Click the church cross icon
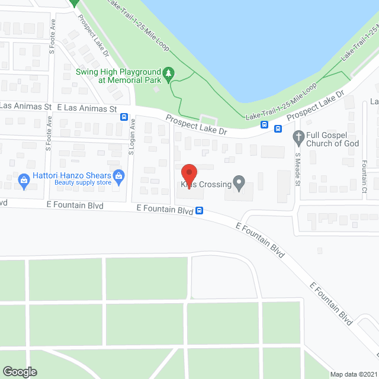tap(299, 138)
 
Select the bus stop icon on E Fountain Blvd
tap(200, 210)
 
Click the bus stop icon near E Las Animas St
tap(124, 117)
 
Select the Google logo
tap(19, 371)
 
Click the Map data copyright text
tap(354, 374)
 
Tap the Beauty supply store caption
tap(83, 182)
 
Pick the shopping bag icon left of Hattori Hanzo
tap(24, 179)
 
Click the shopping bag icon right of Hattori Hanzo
tap(119, 175)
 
